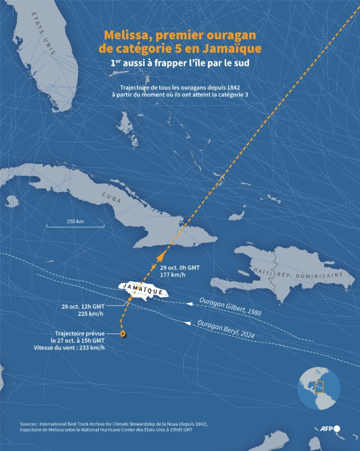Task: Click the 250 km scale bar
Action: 76,225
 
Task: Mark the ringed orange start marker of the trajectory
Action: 123,334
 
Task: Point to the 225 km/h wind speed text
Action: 91,314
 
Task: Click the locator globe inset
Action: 319,388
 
